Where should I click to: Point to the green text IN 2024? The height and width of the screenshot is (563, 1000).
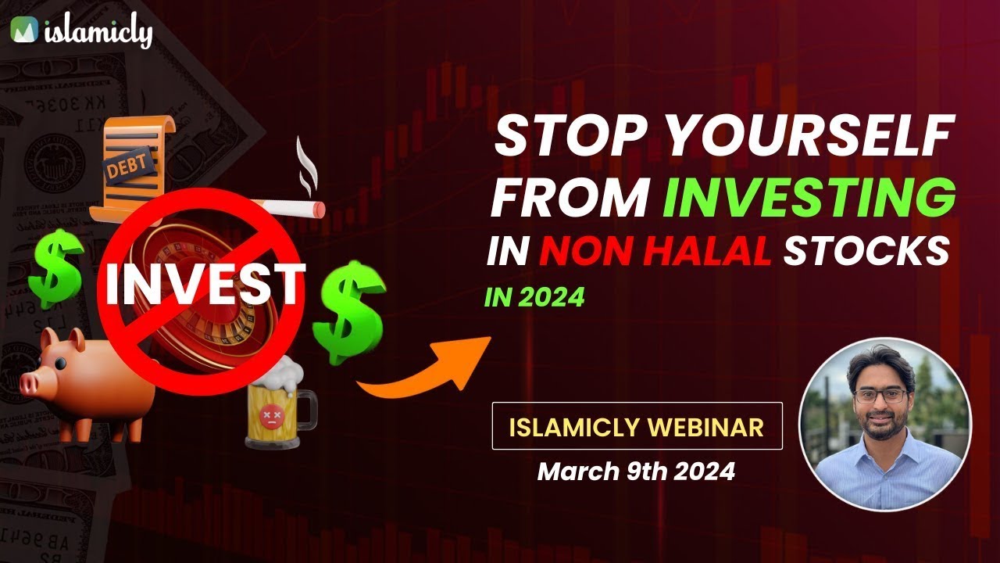534,298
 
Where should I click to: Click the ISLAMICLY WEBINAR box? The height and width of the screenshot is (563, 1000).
637,426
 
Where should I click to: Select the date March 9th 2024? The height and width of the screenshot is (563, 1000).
636,472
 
